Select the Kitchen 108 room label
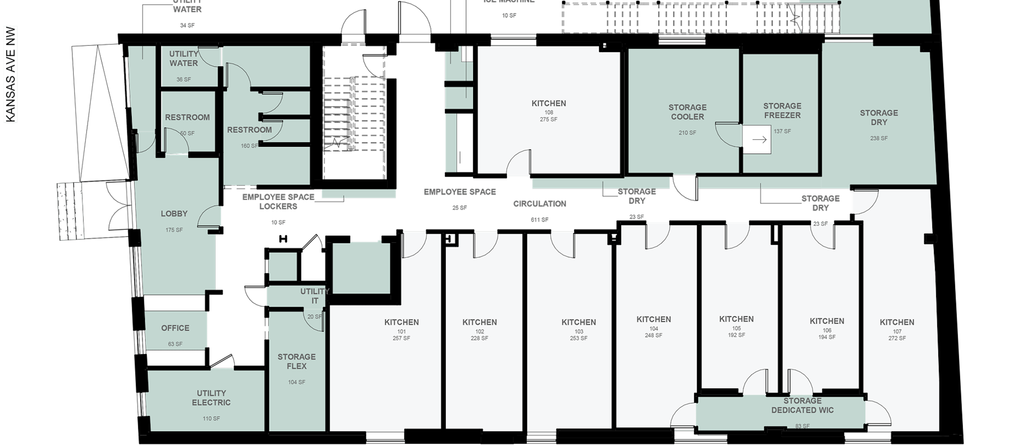[548, 103]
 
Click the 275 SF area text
[548, 120]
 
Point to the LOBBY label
[174, 214]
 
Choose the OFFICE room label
[175, 328]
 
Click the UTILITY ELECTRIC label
[211, 398]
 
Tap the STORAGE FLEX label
[297, 361]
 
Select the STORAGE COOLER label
[687, 112]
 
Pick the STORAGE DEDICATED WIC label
[802, 405]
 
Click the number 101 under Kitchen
[401, 332]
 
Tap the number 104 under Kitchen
[653, 329]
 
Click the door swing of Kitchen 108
[519, 163]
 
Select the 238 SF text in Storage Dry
[879, 138]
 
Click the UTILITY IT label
[315, 296]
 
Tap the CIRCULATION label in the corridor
[540, 204]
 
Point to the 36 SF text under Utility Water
[184, 79]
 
